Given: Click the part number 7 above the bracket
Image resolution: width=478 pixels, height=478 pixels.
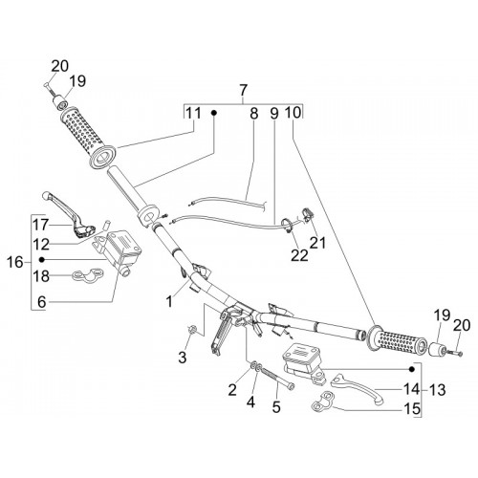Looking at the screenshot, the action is (243, 91).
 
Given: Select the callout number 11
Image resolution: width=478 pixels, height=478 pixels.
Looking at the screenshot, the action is (194, 113).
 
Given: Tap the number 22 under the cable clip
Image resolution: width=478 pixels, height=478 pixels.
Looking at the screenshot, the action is (299, 256).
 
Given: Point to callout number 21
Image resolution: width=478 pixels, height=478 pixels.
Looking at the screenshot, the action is (317, 243).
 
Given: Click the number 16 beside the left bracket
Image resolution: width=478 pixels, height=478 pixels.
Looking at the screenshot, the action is (15, 263).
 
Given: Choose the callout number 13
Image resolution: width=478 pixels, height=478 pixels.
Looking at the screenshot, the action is (437, 390).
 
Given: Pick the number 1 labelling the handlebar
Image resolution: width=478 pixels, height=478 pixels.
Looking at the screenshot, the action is (170, 301).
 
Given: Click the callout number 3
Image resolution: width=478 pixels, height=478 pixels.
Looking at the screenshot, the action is (182, 358).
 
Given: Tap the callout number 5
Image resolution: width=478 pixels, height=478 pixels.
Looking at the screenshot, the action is (276, 406).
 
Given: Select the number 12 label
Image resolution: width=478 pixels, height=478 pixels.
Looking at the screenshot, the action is (41, 245).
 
